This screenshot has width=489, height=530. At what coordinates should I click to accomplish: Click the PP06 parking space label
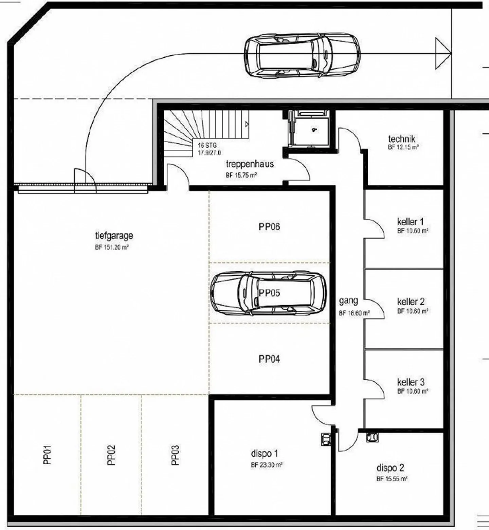pos(269,227)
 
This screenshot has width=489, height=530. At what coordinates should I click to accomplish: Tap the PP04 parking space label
pos(269,359)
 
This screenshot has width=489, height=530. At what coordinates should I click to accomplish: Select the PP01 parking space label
pos(48,455)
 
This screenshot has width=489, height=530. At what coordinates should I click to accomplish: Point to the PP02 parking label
pos(111,455)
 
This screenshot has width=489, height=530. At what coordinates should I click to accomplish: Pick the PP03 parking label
pos(175,455)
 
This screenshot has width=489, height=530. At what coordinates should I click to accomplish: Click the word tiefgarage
pos(114,236)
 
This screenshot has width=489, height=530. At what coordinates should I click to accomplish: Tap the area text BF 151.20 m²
pos(112,248)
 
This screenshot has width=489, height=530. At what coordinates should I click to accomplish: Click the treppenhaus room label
pos(250,164)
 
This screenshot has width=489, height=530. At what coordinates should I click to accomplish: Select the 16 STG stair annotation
pos(207,145)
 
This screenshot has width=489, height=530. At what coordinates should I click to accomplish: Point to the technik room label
pos(402,139)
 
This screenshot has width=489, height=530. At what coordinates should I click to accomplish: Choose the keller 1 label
pos(411,222)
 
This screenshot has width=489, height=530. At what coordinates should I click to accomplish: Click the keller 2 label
pos(411,302)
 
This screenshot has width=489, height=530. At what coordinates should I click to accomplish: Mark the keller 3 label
pos(411,382)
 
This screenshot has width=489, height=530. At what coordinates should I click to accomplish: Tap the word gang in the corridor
pos(348,301)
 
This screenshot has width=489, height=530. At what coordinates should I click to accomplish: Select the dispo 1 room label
pos(265,454)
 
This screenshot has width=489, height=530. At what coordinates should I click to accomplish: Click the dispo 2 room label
pos(390,468)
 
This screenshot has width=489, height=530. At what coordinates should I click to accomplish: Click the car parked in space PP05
pos(268,293)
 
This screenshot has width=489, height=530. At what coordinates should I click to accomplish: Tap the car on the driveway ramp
pos(302,55)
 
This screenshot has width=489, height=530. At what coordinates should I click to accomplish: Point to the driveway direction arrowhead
pos(443,54)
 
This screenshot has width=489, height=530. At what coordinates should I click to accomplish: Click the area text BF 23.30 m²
pos(267,465)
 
